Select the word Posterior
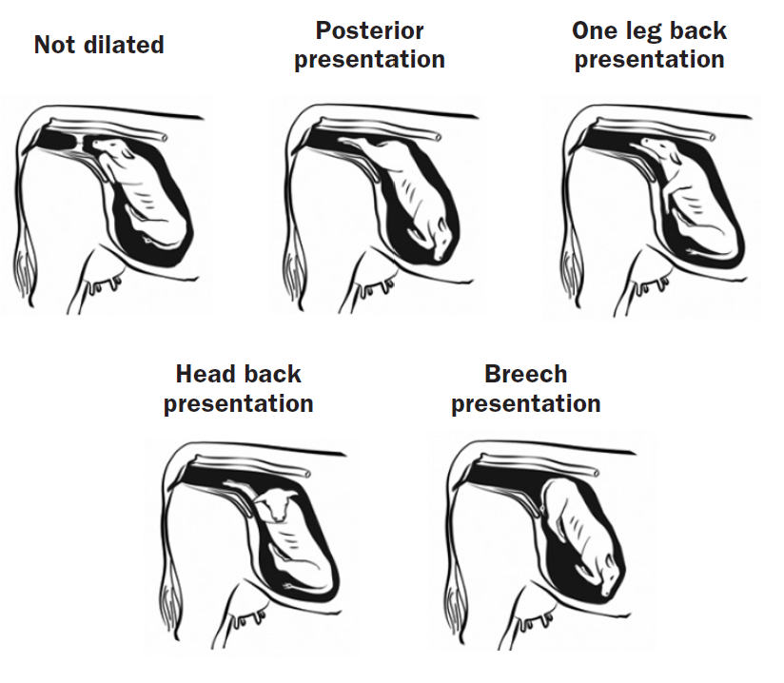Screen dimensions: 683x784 click(369, 30)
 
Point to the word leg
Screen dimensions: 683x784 click(648, 31)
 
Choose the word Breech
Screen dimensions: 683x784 click(525, 374)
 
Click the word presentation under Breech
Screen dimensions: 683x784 click(525, 403)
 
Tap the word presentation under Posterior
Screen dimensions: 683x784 click(369, 60)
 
